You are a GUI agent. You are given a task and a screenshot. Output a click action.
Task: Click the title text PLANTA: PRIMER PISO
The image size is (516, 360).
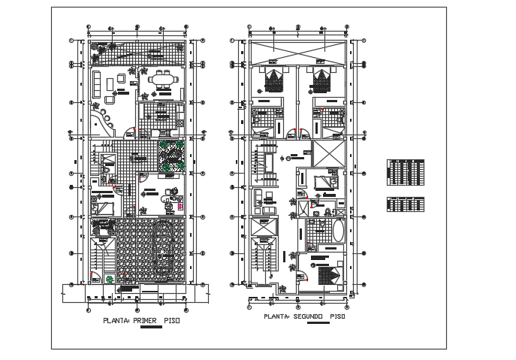141,320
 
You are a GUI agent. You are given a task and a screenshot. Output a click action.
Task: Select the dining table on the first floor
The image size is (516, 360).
162,78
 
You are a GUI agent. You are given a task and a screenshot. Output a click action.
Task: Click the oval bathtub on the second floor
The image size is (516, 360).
337,230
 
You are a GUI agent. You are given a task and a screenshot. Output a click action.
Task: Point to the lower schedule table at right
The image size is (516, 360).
406,204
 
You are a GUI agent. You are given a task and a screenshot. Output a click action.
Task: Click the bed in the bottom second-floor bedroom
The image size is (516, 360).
325,275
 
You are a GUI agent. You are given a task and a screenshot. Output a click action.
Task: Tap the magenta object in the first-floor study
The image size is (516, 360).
180,205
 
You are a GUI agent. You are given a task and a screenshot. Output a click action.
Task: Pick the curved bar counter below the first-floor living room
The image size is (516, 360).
101,120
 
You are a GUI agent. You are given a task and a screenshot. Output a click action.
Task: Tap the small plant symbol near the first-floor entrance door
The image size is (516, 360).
110,280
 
